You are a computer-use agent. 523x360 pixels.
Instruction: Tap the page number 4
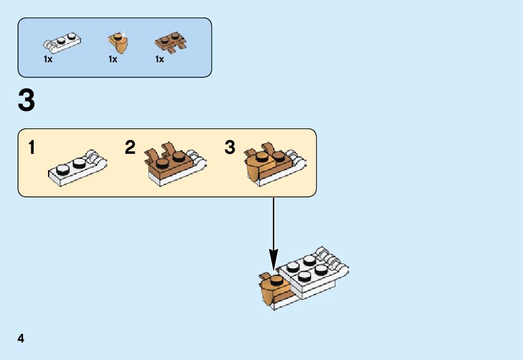21,339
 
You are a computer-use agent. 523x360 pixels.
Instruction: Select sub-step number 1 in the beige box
31,148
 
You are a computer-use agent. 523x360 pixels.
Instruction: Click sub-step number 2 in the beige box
130,148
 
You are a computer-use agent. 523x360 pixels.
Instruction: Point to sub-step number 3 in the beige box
230,148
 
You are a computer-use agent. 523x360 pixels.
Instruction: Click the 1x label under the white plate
48,60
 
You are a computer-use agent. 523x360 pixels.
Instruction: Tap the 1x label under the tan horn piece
113,60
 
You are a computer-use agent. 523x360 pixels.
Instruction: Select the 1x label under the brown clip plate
160,60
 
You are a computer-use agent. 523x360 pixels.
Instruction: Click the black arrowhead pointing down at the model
273,257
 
